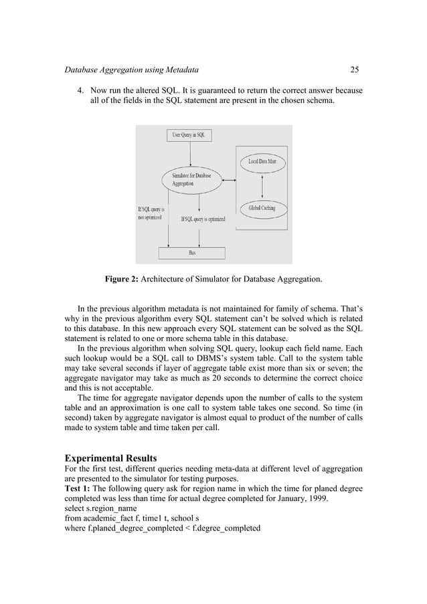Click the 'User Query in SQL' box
pos(191,134)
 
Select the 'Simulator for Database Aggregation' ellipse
pos(191,179)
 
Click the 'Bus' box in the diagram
pos(191,253)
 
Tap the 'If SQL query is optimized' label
pos(203,218)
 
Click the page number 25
pos(355,69)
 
